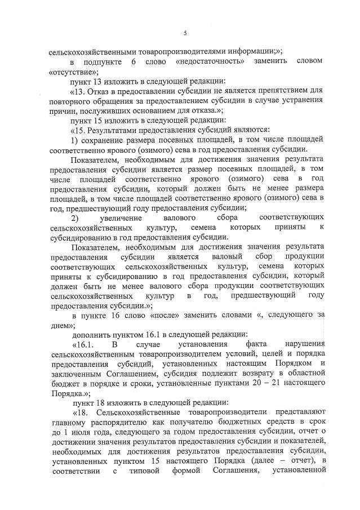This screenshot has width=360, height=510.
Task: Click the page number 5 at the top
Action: coord(185,34)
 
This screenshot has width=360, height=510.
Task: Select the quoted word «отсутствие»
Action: coord(66,72)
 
